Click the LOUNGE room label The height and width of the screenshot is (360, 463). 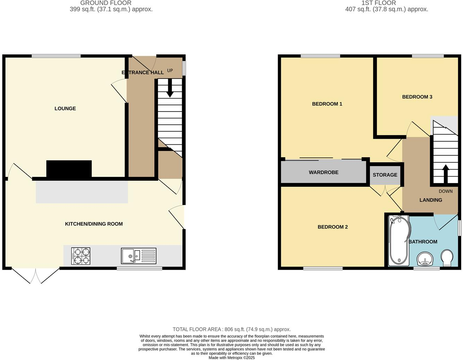[65, 108]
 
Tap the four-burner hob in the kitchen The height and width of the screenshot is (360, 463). [81, 256]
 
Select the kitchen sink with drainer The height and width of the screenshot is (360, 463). [139, 256]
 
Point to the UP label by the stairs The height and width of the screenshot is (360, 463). [170, 70]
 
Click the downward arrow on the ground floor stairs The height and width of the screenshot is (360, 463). [170, 89]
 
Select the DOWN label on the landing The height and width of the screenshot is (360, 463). [445, 191]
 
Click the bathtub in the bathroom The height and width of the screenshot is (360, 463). [398, 241]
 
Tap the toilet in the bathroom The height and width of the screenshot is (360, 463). [447, 258]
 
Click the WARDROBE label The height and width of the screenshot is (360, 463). [323, 172]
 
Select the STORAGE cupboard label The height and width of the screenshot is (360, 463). [385, 175]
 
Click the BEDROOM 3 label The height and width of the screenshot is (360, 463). [417, 97]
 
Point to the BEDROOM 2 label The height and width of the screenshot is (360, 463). [332, 227]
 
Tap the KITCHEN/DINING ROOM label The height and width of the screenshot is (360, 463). [94, 224]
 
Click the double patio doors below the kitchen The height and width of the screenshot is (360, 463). [36, 276]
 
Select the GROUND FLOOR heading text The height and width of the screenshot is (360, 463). [106, 3]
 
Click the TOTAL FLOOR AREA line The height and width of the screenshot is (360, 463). [231, 329]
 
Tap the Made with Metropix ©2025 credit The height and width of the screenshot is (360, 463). [231, 358]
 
